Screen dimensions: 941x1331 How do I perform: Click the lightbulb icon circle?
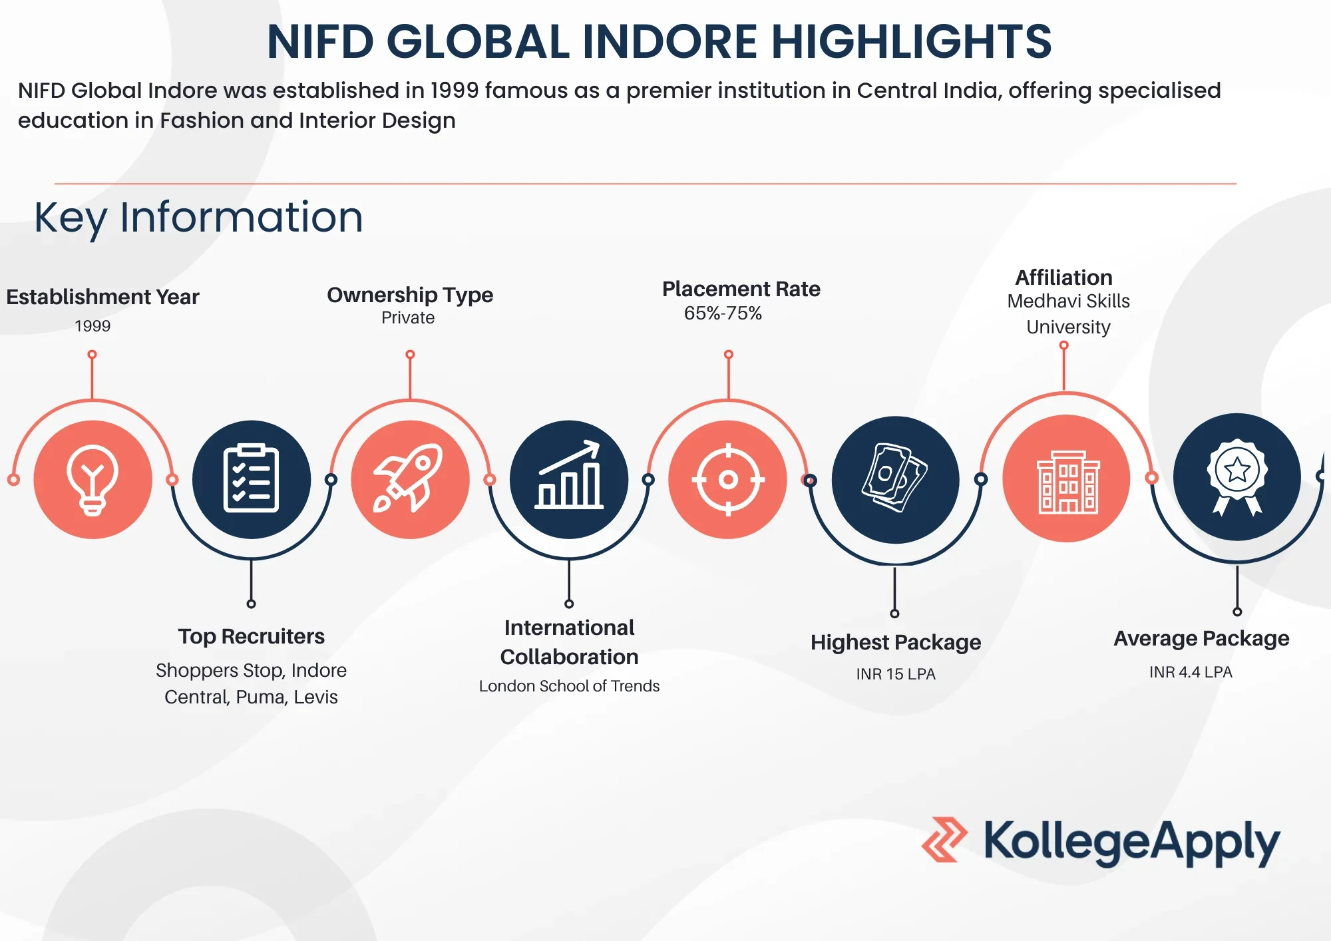(93, 479)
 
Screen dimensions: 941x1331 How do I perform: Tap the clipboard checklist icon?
(251, 479)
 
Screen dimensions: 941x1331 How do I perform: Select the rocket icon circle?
(410, 479)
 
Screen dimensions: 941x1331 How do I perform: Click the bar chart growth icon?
(569, 479)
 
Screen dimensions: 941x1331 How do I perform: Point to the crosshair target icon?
(728, 479)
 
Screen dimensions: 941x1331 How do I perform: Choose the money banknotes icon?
(895, 479)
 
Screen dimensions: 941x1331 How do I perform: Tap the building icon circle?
(1066, 478)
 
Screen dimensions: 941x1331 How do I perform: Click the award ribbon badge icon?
(1236, 476)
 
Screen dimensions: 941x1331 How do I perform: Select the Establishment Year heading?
(102, 297)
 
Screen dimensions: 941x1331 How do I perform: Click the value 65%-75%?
(723, 313)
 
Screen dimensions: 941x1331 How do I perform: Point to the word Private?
(408, 318)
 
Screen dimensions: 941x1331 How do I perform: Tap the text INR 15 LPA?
(896, 674)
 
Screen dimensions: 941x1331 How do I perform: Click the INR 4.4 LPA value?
(1191, 672)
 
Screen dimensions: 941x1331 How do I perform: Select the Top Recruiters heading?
(252, 637)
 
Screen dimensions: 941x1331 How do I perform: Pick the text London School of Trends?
(569, 686)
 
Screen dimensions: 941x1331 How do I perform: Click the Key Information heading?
(198, 218)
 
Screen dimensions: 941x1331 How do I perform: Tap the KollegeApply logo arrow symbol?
(944, 840)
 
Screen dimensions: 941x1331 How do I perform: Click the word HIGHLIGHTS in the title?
(912, 42)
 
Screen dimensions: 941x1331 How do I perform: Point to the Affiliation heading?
(1063, 278)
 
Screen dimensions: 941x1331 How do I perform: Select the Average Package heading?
(1201, 639)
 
